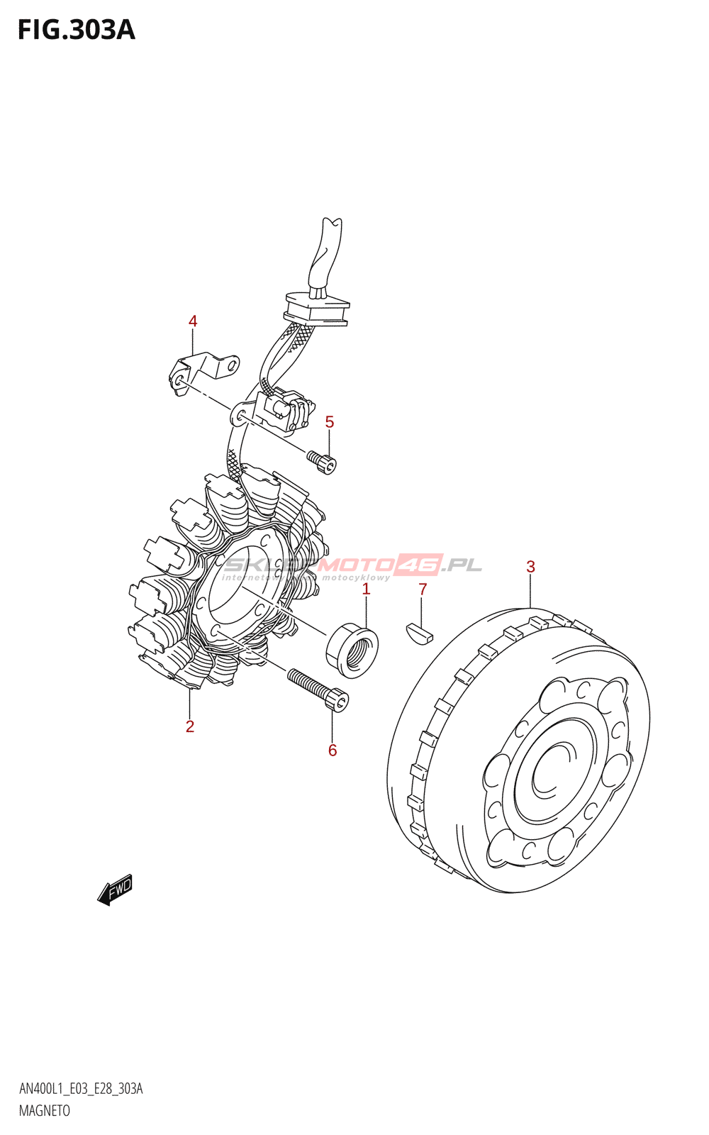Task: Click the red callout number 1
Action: coord(366,589)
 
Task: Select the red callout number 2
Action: coord(190,726)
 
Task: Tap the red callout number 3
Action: coord(530,567)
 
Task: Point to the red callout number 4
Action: coord(193,321)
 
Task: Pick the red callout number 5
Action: coord(330,422)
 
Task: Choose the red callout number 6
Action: coord(333,750)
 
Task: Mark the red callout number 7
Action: coord(423,589)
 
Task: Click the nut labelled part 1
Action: coord(352,648)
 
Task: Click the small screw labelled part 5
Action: coord(323,462)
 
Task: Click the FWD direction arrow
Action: coord(116,890)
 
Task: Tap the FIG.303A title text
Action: coord(76,30)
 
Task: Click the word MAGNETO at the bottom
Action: coord(44,1111)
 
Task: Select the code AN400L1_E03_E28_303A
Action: coord(81,1089)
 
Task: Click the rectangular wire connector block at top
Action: coord(317,309)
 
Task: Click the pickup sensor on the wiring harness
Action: coord(287,411)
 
